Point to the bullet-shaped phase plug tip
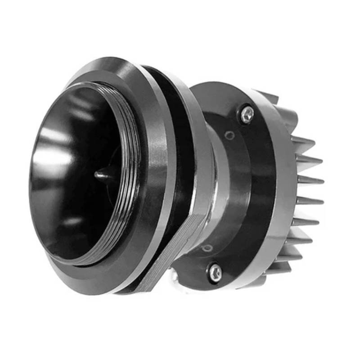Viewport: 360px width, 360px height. pyautogui.click(x=101, y=174)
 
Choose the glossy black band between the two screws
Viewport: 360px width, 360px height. pyautogui.click(x=252, y=189)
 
